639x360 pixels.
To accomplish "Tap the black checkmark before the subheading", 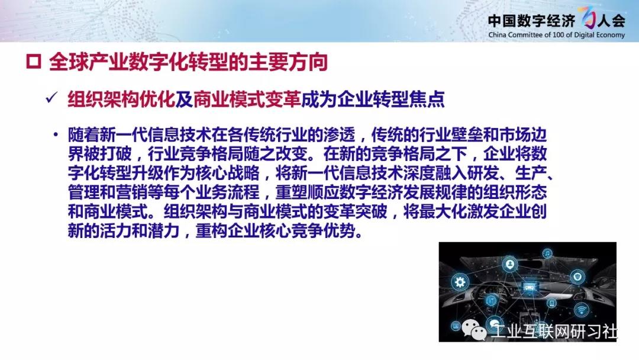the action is [x=51, y=98].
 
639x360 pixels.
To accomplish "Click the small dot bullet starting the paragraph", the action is [x=56, y=134].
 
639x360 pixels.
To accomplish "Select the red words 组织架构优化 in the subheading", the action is [x=121, y=99].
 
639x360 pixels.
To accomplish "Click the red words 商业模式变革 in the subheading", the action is [x=247, y=99].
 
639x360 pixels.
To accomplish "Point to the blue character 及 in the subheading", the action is [x=184, y=99].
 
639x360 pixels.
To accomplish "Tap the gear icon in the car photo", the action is [x=460, y=282].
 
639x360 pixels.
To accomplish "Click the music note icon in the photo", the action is [x=547, y=254].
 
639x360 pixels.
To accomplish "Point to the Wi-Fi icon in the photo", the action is [x=581, y=310].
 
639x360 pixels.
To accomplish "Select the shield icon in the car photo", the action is [x=577, y=277].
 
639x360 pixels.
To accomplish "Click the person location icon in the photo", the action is [x=509, y=265].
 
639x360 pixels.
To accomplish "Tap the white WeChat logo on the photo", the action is [x=474, y=329].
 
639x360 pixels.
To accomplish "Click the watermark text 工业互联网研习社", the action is [x=554, y=331].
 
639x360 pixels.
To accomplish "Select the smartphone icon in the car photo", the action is [x=552, y=303].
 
